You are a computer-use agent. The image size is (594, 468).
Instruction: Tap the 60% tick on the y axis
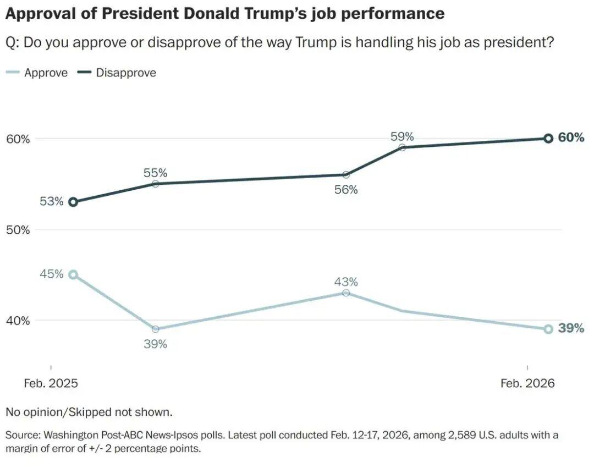click(18, 139)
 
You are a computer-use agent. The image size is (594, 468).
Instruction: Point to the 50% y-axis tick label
click(18, 229)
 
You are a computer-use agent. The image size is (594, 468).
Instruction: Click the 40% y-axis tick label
click(18, 320)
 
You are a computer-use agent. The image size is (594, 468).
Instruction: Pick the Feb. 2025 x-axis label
click(51, 383)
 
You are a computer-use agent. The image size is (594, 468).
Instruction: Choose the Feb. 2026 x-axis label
click(527, 383)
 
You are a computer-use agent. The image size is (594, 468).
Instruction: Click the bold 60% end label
click(571, 137)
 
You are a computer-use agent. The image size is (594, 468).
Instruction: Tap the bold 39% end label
click(571, 328)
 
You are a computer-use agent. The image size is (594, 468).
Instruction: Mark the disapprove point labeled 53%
click(73, 202)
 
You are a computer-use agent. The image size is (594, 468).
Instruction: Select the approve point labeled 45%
click(73, 274)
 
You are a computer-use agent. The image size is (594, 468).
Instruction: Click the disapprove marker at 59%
click(402, 147)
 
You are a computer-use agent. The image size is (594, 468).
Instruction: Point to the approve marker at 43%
click(345, 293)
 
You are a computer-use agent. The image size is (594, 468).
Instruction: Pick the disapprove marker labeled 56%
click(345, 175)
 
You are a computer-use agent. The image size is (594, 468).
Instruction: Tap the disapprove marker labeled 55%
click(155, 184)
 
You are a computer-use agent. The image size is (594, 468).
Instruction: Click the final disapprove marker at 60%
click(548, 139)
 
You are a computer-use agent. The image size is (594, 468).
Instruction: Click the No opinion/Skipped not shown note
click(89, 412)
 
